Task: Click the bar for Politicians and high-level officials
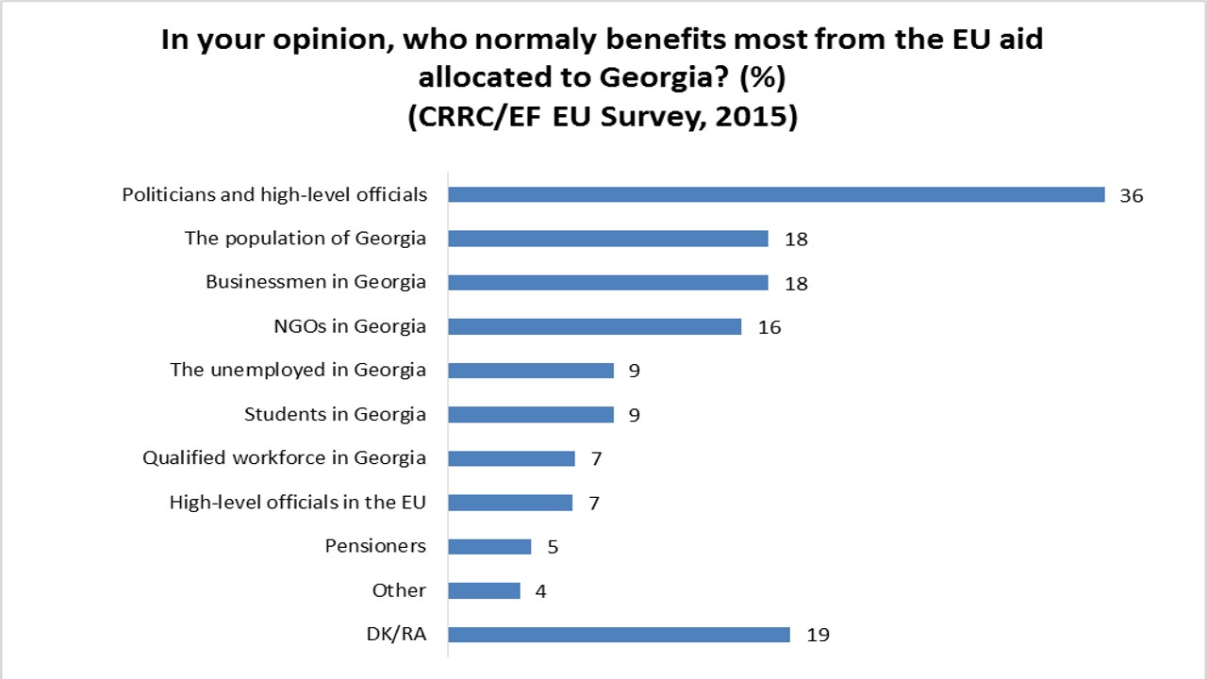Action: point(775,194)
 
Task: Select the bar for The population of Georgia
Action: point(607,239)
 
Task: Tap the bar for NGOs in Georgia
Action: point(594,326)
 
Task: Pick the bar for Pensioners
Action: point(489,546)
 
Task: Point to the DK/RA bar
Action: point(619,635)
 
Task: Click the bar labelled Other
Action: point(484,590)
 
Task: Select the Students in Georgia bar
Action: point(530,414)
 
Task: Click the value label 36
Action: point(1131,196)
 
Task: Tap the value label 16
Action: point(769,327)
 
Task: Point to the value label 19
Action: point(818,636)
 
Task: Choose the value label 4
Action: point(540,591)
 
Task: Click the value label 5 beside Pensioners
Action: point(552,547)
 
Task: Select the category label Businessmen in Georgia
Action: point(316,282)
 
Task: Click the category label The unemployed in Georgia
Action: point(298,370)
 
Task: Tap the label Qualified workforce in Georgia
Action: point(284,458)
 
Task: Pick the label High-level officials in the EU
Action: point(297,502)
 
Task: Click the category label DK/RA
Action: point(396,635)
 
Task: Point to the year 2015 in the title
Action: point(749,119)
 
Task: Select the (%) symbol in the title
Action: point(762,79)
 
